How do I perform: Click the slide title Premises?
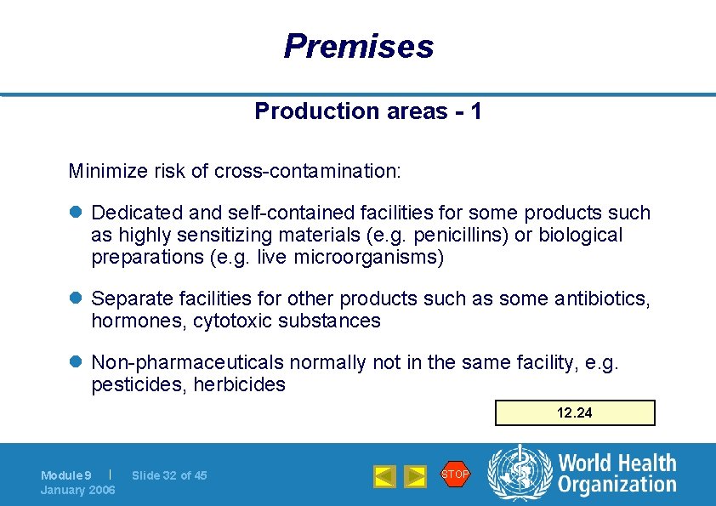358,46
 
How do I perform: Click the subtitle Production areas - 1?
368,111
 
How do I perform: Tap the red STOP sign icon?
455,474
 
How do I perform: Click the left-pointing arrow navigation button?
385,476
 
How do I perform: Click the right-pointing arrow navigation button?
415,476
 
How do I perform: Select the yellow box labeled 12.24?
575,412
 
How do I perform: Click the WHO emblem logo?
518,475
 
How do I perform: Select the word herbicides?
240,384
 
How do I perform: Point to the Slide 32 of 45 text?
170,475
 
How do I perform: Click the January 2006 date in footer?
78,490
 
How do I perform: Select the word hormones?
138,321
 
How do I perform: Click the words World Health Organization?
617,475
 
